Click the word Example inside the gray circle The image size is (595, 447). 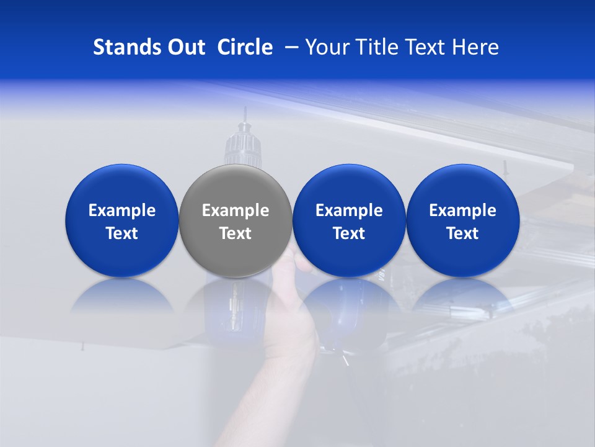236,210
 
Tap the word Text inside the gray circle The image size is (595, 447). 236,233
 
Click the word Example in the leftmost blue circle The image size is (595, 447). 122,210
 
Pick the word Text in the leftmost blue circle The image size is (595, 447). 122,233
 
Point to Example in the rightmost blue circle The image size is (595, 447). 462,210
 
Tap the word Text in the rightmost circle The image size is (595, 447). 462,233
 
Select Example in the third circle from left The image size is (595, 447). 349,210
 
